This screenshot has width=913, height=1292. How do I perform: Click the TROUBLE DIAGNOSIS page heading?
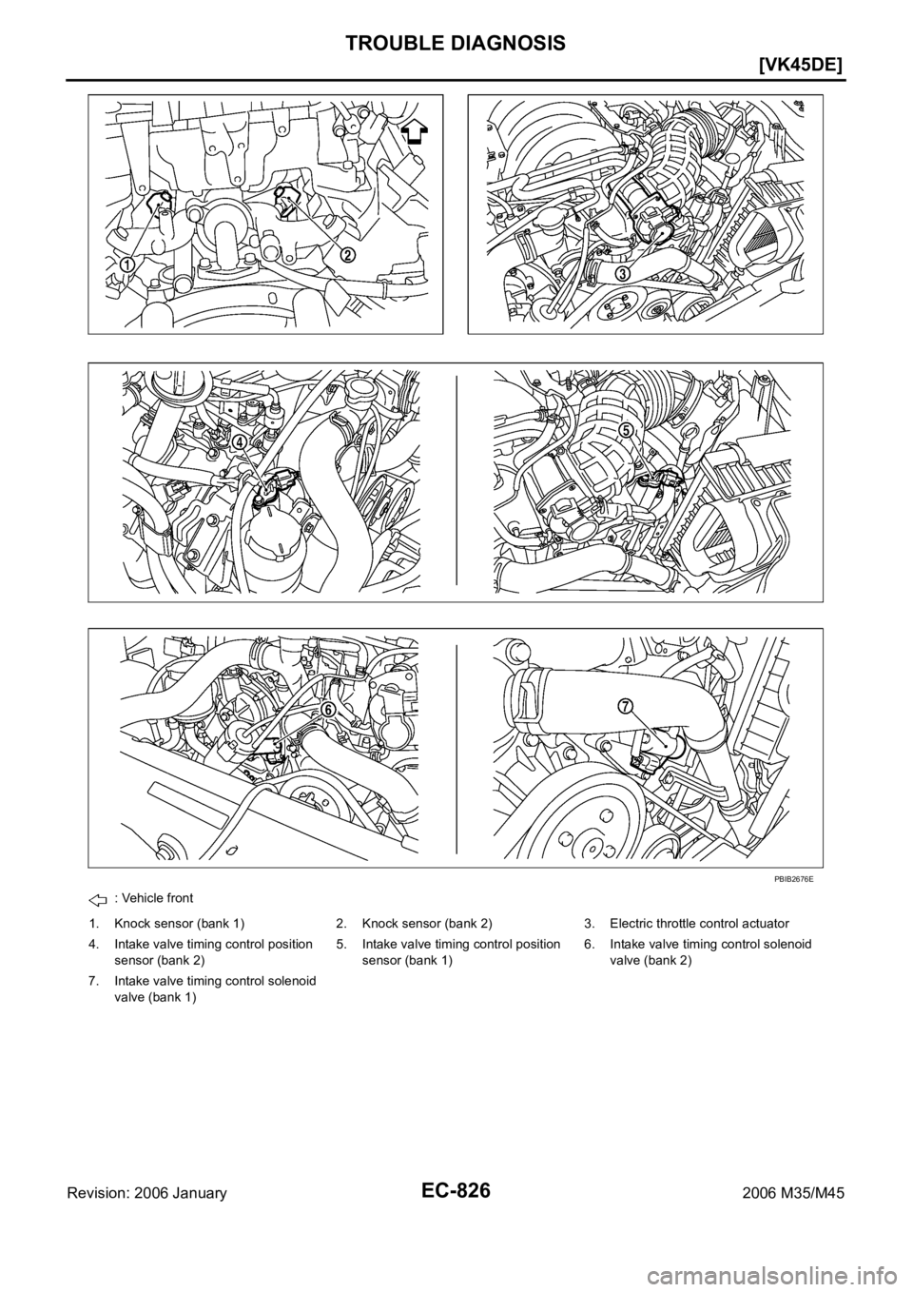(x=456, y=43)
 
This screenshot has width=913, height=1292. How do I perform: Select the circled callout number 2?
(x=346, y=254)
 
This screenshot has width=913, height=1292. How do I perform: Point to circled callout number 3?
(x=621, y=272)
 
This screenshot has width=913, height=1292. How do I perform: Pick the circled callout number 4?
(x=241, y=440)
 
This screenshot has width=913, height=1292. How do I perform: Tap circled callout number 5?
(x=627, y=430)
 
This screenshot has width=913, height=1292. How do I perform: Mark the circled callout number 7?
(x=624, y=706)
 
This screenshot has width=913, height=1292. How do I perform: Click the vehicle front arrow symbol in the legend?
(x=99, y=899)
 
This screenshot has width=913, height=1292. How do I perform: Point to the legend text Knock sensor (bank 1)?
(x=180, y=924)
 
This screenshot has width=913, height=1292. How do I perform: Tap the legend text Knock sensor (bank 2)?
(x=427, y=924)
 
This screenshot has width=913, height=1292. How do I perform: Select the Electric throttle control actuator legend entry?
(x=699, y=924)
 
